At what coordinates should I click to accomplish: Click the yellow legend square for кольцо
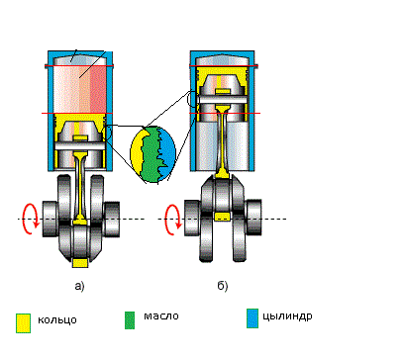click(x=23, y=323)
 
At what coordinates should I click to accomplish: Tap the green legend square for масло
click(x=130, y=320)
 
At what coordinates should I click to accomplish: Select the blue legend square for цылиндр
click(x=253, y=318)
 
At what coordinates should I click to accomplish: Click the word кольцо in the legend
click(x=57, y=320)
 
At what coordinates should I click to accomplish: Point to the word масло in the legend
click(x=161, y=315)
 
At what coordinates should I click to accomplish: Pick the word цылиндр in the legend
click(x=287, y=316)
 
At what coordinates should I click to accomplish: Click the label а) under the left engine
click(x=79, y=286)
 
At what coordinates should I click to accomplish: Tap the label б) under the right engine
click(x=223, y=286)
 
